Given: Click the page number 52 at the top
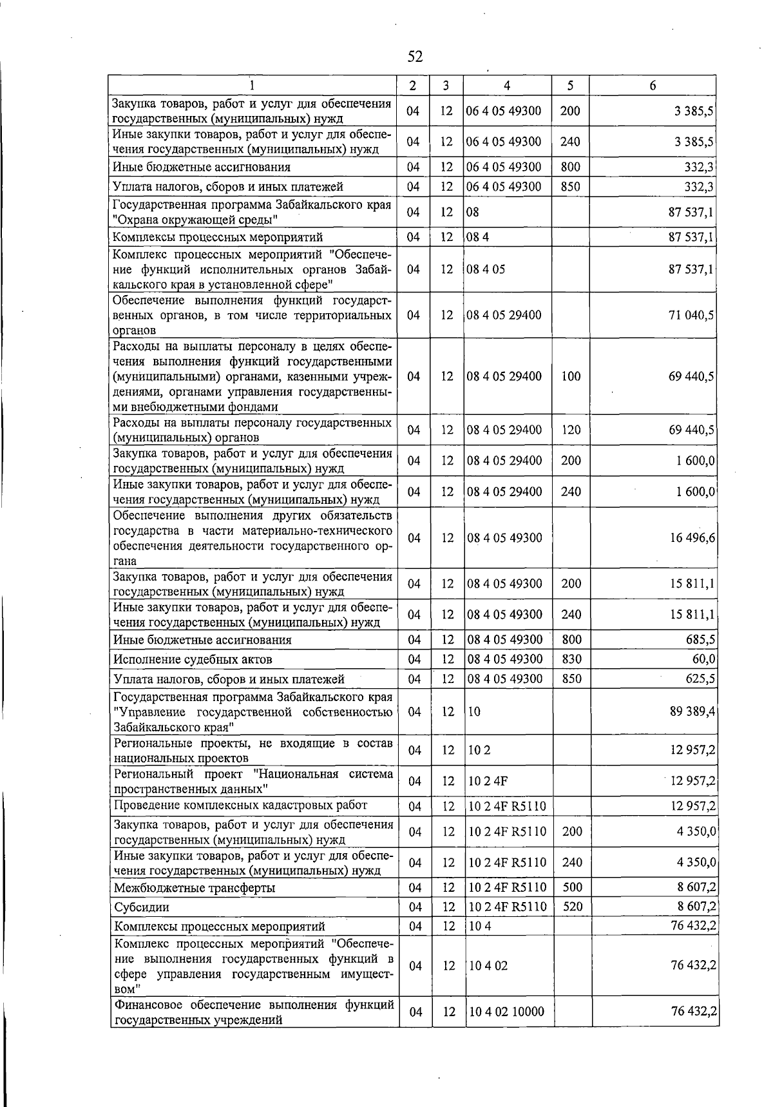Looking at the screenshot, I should coord(415,57).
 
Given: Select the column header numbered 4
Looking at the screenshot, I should coord(507,86).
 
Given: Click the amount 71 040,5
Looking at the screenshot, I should coord(692,315).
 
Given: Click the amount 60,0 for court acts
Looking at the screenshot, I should coord(703,659).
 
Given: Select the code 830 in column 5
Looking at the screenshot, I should coord(571,659).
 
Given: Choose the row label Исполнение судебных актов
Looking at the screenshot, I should coord(193,659).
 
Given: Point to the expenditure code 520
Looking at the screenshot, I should coord(572,907).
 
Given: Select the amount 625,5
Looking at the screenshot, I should coord(700,679).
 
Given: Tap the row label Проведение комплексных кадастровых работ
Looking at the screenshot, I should coord(240,805).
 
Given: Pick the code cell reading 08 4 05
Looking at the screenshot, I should coord(486,269).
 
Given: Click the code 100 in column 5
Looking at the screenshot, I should coord(571,376).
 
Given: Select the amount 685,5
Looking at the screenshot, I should coord(700,640).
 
